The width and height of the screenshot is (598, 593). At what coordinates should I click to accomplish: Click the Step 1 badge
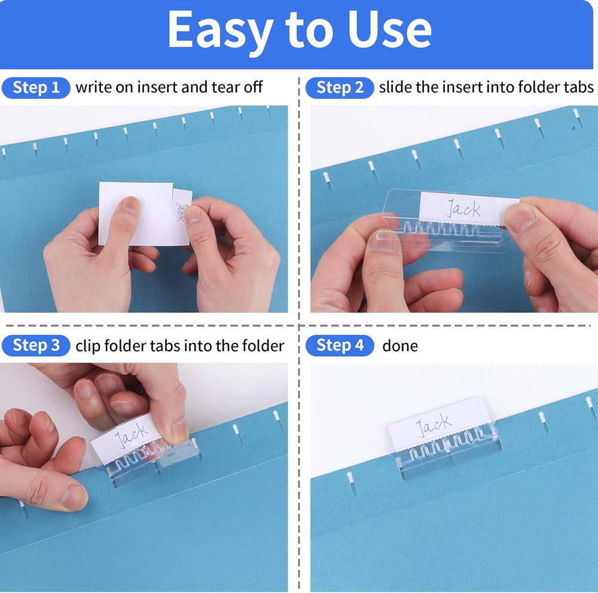pyautogui.click(x=36, y=88)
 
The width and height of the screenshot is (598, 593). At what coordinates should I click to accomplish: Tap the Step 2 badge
pyautogui.click(x=340, y=88)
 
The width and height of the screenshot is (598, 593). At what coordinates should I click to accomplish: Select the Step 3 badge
pyautogui.click(x=36, y=345)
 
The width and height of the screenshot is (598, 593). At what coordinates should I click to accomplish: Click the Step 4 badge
pyautogui.click(x=340, y=345)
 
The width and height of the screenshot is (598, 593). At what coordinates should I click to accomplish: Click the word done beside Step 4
pyautogui.click(x=399, y=346)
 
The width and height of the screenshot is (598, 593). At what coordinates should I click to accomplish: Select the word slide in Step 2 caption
pyautogui.click(x=395, y=87)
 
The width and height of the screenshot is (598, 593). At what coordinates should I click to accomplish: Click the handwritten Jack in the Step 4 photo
pyautogui.click(x=434, y=425)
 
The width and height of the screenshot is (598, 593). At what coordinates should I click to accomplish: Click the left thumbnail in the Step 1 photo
pyautogui.click(x=127, y=206)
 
